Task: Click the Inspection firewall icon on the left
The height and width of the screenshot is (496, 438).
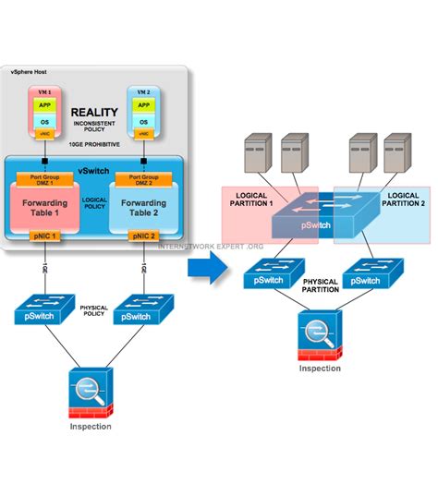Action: click(x=91, y=392)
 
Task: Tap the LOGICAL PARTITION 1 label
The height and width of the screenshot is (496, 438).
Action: click(x=254, y=200)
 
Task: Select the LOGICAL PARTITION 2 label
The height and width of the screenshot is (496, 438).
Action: click(x=404, y=200)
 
